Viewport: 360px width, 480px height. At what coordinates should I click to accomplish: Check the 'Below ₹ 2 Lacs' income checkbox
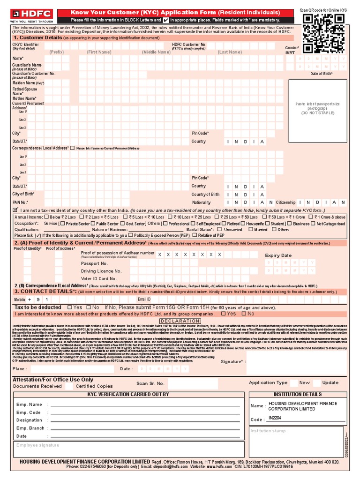pyautogui.click(x=48, y=217)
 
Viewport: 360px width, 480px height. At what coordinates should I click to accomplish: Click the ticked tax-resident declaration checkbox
pyautogui.click(x=16, y=210)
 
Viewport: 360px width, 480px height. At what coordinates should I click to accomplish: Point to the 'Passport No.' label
pyautogui.click(x=94, y=263)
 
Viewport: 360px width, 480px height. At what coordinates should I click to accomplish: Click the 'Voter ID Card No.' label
pyautogui.click(x=99, y=278)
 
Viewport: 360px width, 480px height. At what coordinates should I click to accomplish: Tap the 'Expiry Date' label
pyautogui.click(x=278, y=255)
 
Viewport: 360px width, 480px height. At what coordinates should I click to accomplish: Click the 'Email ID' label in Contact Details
pyautogui.click(x=144, y=299)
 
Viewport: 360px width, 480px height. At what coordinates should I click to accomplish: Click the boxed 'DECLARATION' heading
pyautogui.click(x=180, y=321)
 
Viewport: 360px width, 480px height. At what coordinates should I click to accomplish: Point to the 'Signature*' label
pyautogui.click(x=233, y=361)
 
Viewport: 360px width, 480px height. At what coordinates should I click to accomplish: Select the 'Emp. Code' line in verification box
pyautogui.click(x=29, y=412)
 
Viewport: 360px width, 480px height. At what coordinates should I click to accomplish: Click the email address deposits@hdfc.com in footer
pyautogui.click(x=172, y=467)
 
